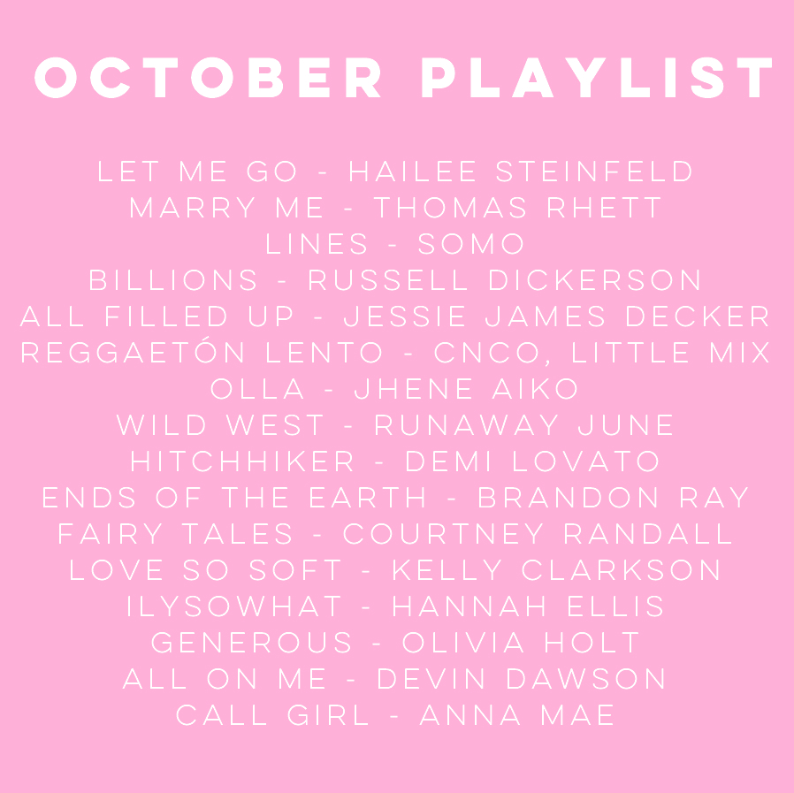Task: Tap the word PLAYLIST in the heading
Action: click(597, 78)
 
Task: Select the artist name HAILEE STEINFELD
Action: click(521, 172)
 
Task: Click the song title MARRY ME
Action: click(226, 208)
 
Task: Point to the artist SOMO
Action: click(470, 244)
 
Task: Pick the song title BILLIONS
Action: click(173, 280)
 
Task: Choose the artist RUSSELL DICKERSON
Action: click(504, 280)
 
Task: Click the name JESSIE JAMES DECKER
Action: click(556, 316)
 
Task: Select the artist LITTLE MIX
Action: click(671, 353)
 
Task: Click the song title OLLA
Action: click(257, 389)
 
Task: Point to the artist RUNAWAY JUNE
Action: click(523, 425)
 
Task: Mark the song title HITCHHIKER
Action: click(242, 461)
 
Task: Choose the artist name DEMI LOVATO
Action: click(532, 461)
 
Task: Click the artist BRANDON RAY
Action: click(614, 497)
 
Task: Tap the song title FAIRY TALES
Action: click(175, 534)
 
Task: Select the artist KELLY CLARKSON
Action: click(556, 570)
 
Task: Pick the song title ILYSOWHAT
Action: click(234, 606)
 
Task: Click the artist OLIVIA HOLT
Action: click(521, 643)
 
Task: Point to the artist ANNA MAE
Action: click(517, 715)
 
